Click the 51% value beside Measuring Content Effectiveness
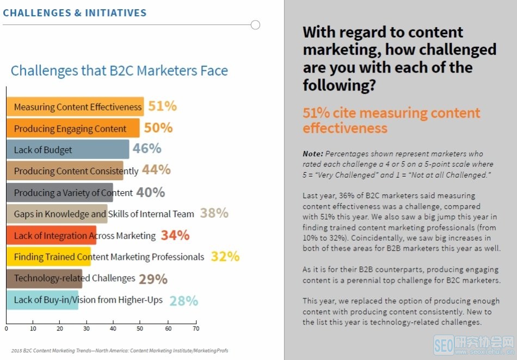(x=162, y=106)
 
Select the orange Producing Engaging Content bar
(x=73, y=129)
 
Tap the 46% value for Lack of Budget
(x=147, y=149)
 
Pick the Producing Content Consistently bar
(x=65, y=171)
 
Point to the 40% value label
(x=150, y=192)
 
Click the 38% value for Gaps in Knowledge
(x=214, y=213)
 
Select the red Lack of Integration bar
(x=51, y=235)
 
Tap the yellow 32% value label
(x=225, y=257)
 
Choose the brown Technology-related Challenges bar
(x=44, y=278)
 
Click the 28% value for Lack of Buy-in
(x=183, y=301)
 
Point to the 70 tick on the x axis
(x=196, y=329)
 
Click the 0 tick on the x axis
(x=7, y=329)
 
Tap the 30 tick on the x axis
(x=87, y=329)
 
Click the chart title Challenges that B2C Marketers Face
(x=119, y=71)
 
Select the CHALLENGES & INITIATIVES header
(x=75, y=13)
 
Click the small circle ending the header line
(x=255, y=25)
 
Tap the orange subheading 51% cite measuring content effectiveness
(x=391, y=120)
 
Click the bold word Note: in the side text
(x=313, y=154)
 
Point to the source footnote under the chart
(x=119, y=350)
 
